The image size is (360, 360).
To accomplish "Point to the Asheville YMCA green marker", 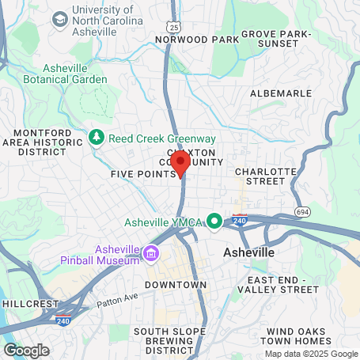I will point(213,221).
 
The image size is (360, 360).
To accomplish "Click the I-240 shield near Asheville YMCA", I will point(240,218).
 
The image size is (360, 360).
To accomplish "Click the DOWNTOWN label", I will point(176,284).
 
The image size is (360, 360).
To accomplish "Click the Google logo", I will point(26,351).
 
